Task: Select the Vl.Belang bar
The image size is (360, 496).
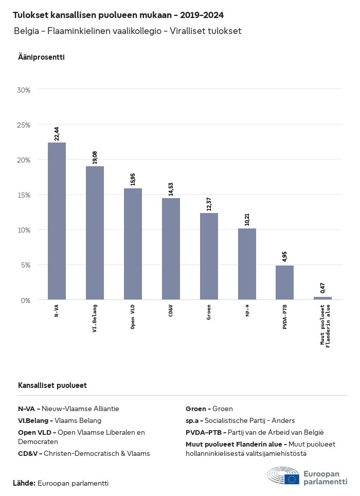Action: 95,233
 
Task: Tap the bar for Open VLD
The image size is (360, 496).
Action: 133,244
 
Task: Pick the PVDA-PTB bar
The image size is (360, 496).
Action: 284,282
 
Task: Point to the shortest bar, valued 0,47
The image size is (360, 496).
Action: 322,298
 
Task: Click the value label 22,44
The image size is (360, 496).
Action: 57,133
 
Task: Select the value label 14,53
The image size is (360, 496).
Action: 171,189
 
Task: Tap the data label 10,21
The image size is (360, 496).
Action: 247,219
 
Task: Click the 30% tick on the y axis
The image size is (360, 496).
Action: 24,90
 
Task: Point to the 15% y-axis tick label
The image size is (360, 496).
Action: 24,195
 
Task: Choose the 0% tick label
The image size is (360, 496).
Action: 26,300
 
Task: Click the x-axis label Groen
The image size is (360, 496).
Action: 209,312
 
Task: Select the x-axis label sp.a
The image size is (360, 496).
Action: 247,310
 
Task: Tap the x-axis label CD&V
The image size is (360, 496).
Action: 171,311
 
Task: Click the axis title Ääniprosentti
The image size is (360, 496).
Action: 41,57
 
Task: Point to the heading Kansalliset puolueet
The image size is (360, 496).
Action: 52,385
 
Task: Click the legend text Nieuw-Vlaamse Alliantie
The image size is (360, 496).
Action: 80,409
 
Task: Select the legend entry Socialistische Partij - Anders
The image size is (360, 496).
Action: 249,420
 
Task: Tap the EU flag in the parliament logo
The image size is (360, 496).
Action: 292,479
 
